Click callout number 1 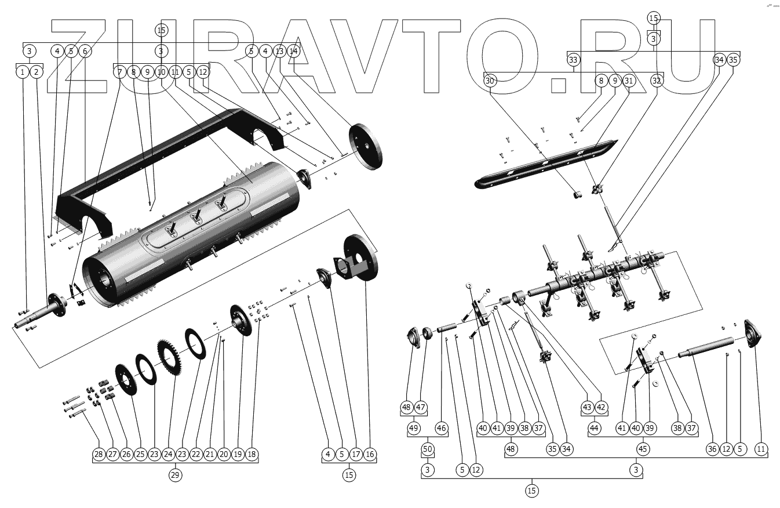pos(22,72)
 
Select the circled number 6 pos(85,51)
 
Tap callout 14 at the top pos(293,51)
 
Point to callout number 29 pos(174,475)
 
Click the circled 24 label pos(168,454)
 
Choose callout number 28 pos(99,454)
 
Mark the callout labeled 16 pos(370,454)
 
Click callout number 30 pos(490,81)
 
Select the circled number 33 pos(573,60)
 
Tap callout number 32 pos(656,81)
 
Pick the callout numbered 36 pos(712,449)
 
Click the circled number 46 pos(442,429)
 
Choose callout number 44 pos(594,429)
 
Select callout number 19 pos(238,454)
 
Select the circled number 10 pos(161,72)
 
